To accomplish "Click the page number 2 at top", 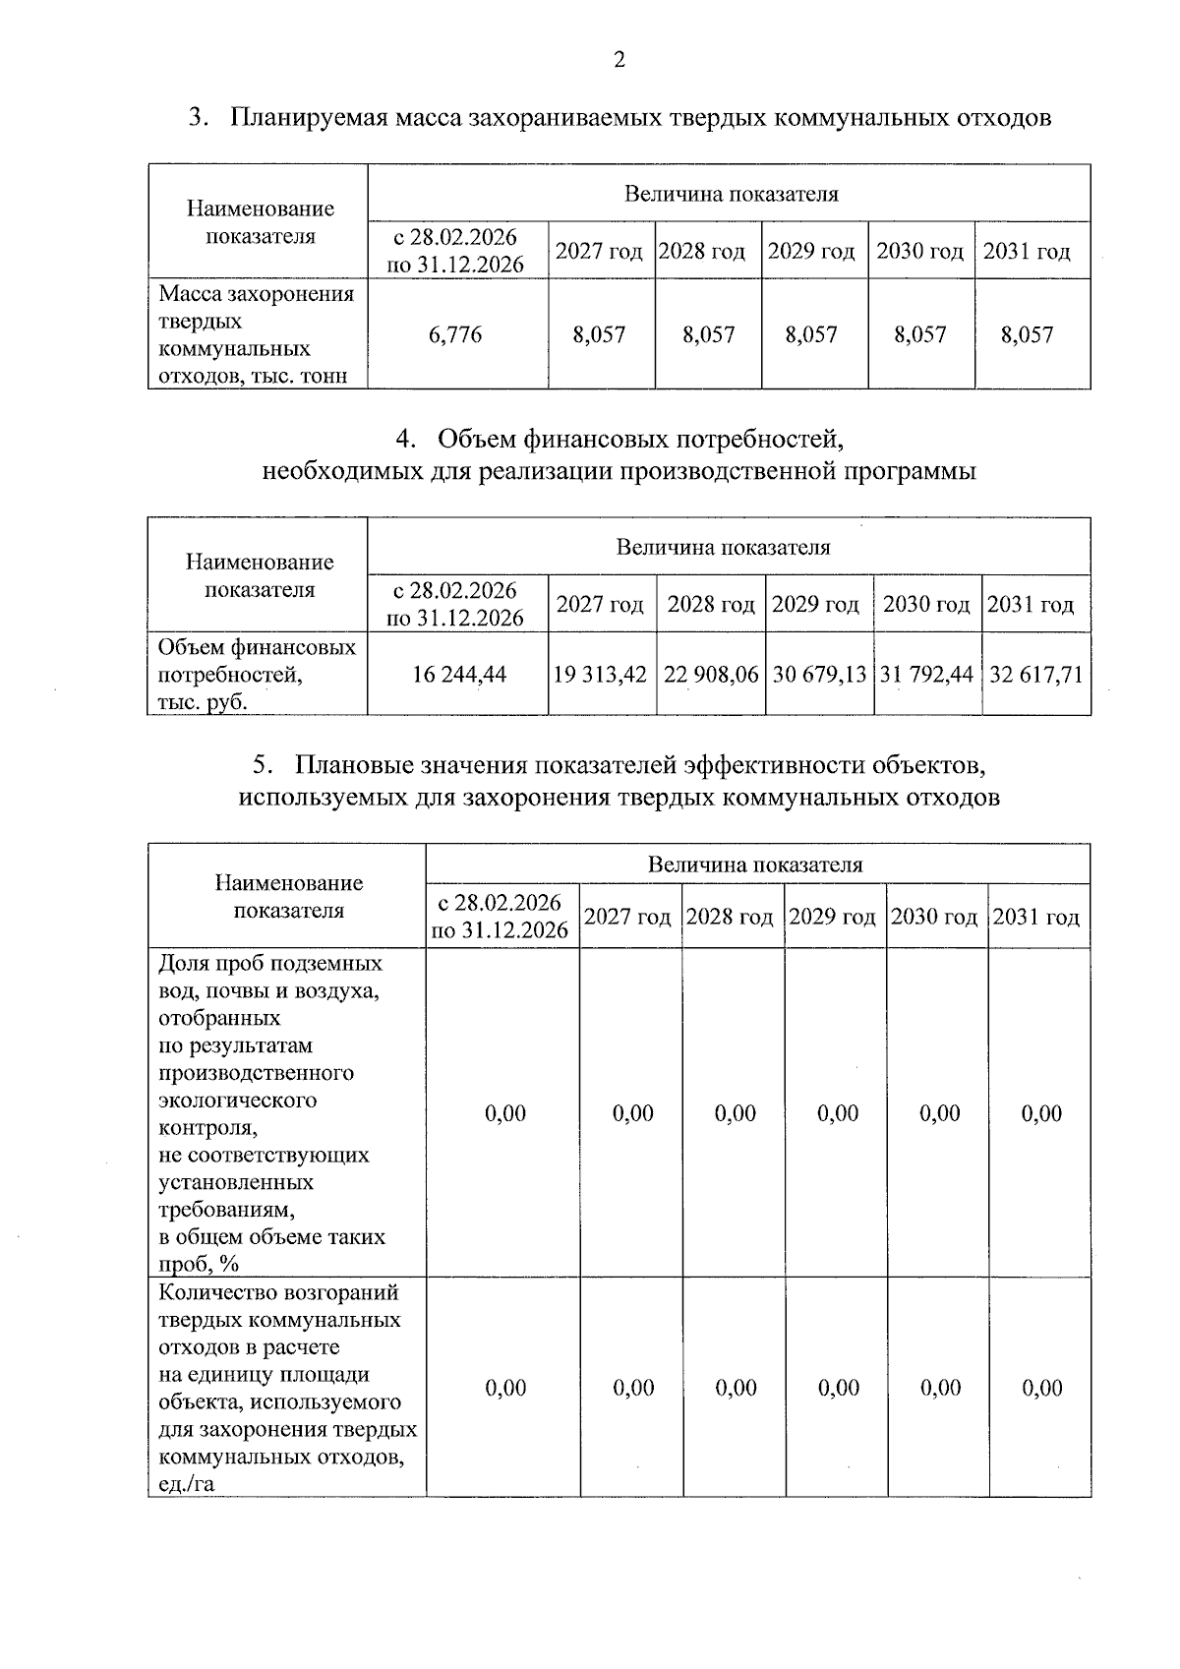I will [x=619, y=61].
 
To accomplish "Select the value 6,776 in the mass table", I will [x=455, y=334].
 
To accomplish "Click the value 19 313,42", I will [x=601, y=674].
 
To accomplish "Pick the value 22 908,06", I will [x=711, y=674].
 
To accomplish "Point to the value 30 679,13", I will [x=819, y=674].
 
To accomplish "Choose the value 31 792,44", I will [x=926, y=674].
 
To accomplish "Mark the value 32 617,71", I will [x=1035, y=674].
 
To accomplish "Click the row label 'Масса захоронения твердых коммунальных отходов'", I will [x=257, y=334].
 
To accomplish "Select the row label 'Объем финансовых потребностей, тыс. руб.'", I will [x=257, y=674].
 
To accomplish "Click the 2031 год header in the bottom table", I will [x=1036, y=917].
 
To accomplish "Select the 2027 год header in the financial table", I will [x=600, y=604].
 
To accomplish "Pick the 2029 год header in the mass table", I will [x=811, y=251].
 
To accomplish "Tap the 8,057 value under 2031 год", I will [x=1027, y=334].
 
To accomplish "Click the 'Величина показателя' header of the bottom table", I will [x=755, y=864].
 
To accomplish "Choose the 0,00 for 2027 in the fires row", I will [x=632, y=1388].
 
